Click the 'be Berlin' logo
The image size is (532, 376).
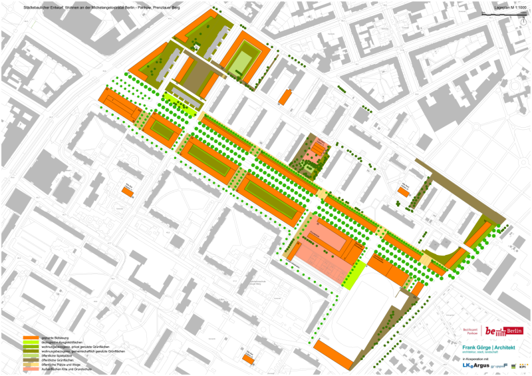[503, 331]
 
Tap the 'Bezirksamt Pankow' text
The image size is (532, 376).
[471, 331]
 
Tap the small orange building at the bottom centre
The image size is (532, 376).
[249, 359]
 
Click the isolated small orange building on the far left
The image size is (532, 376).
[127, 192]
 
